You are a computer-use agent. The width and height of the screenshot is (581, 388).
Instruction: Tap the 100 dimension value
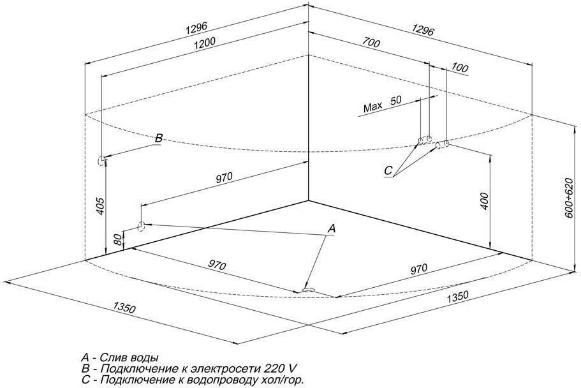pyautogui.click(x=460, y=68)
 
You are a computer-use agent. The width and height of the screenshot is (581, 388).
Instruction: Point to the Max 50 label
pyautogui.click(x=383, y=104)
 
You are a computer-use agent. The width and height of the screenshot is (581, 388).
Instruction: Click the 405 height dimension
pyautogui.click(x=100, y=206)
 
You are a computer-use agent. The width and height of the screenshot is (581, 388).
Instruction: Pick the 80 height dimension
pyautogui.click(x=118, y=239)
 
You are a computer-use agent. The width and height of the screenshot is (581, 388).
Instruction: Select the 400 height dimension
pyautogui.click(x=485, y=202)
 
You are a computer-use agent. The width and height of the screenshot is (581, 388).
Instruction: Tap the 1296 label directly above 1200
pyautogui.click(x=197, y=29)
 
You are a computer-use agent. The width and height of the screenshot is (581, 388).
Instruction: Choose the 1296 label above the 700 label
pyautogui.click(x=422, y=30)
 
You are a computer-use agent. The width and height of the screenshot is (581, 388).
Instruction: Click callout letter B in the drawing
pyautogui.click(x=158, y=138)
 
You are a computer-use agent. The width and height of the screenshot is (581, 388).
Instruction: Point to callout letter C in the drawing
pyautogui.click(x=388, y=170)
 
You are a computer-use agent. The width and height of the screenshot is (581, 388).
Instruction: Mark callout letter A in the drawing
pyautogui.click(x=332, y=228)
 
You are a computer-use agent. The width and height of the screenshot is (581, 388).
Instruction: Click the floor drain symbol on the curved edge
pyautogui.click(x=309, y=290)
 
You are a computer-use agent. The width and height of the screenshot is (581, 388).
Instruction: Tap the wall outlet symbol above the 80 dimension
pyautogui.click(x=141, y=225)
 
